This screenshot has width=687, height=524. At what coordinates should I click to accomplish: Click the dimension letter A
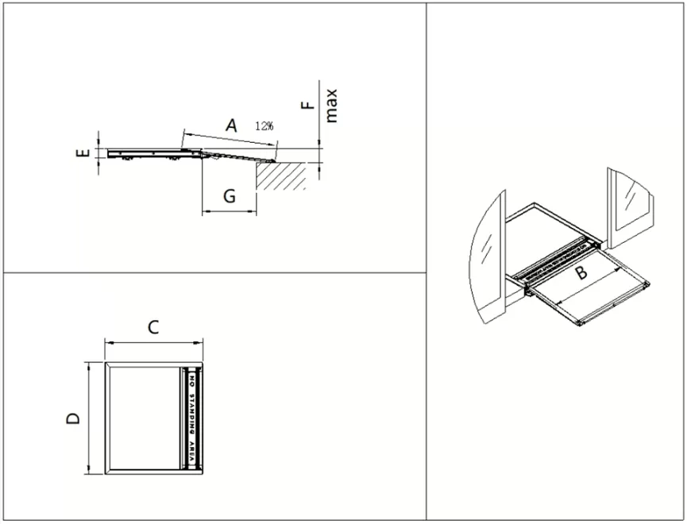231,125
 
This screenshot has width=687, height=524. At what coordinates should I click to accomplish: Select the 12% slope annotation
264,126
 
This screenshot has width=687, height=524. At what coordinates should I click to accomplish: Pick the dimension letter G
228,196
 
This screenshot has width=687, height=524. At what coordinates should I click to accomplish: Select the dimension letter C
154,326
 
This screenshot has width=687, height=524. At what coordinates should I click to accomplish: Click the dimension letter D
73,418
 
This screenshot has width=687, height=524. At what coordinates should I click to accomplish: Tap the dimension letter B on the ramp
581,273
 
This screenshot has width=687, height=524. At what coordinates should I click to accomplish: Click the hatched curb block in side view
281,176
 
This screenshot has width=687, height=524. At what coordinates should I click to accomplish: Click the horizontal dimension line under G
230,212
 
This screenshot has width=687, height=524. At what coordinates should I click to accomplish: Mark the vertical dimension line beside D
87,418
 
